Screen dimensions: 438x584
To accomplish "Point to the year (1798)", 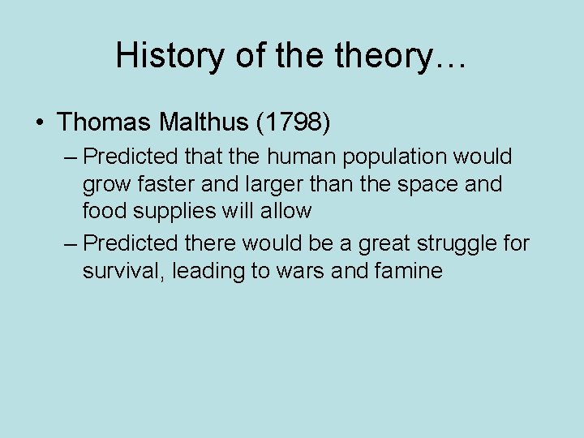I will point(293,122).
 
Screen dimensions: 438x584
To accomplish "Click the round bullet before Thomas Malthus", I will point(40,123).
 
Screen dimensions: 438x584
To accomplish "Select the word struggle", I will point(456,243).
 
